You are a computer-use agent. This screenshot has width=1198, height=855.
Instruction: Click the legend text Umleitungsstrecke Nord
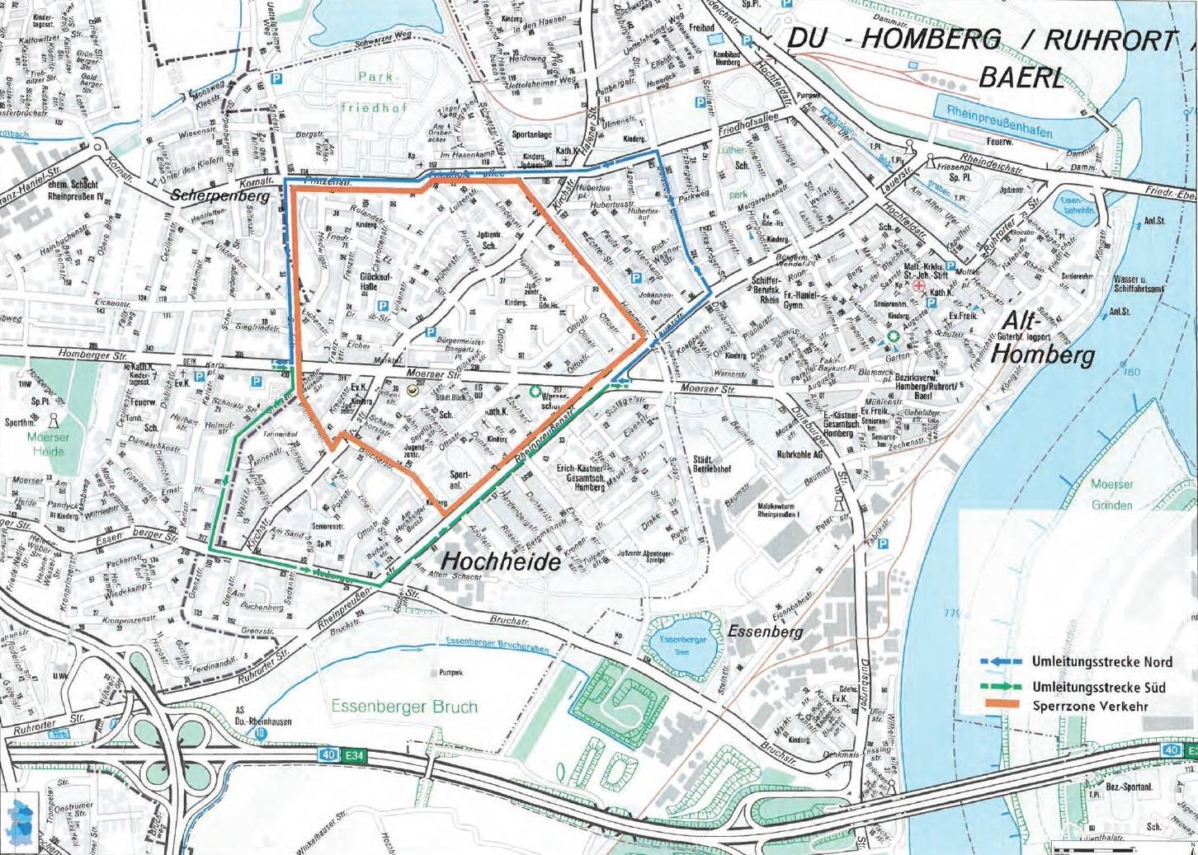point(1101,662)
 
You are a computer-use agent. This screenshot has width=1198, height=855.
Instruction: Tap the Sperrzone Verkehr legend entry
point(1089,707)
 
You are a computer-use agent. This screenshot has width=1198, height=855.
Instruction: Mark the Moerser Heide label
point(48,444)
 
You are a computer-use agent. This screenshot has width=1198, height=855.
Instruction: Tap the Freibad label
point(701,29)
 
